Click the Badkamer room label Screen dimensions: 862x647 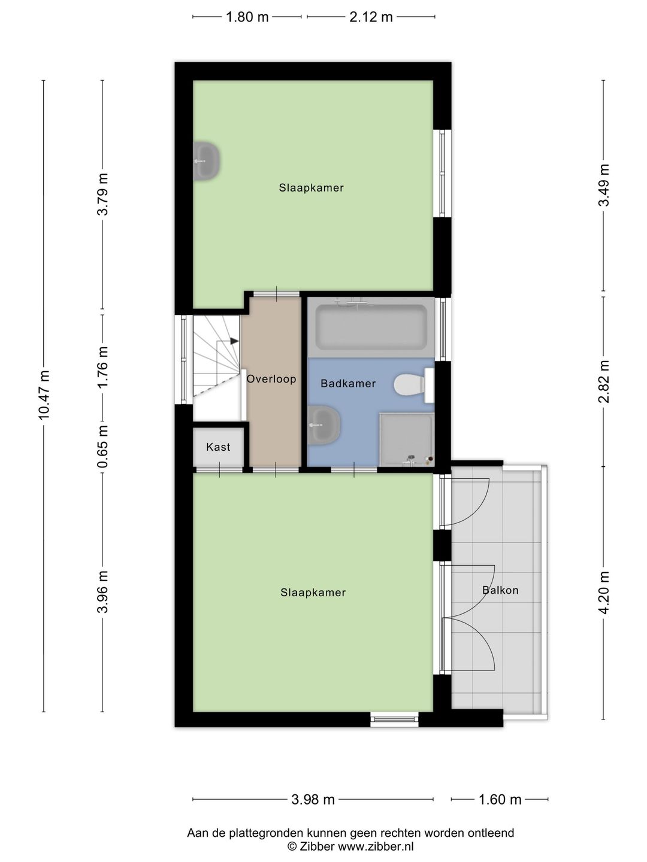348,384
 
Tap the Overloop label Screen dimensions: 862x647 271,379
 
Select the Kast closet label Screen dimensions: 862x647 218,447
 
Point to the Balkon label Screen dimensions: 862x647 500,590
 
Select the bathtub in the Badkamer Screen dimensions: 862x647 371,327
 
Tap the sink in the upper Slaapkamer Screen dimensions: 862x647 207,161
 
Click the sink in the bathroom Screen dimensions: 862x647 323,424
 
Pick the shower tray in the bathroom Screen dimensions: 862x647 406,438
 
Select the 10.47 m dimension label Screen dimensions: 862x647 44,395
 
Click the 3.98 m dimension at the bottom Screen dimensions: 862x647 313,800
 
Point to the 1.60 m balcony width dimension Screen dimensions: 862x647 500,800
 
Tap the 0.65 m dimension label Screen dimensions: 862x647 103,447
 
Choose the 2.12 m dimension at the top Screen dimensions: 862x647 371,17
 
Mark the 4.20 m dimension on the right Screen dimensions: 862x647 604,593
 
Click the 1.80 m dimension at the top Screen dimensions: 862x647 247,17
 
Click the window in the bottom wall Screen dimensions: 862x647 394,720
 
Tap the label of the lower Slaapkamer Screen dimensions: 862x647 313,593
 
